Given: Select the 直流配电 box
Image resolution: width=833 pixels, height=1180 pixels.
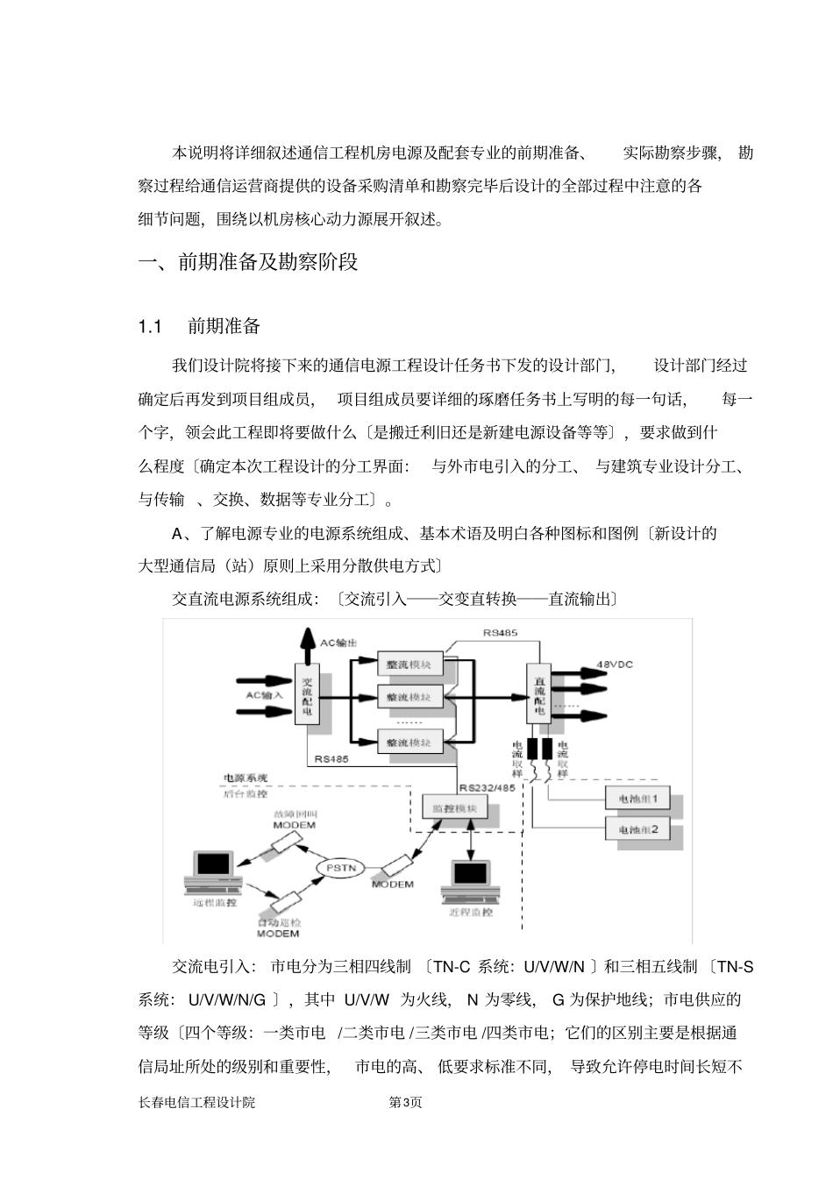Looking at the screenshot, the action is click(539, 692).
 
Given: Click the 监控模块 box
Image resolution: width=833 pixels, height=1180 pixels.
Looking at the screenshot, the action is click(454, 807).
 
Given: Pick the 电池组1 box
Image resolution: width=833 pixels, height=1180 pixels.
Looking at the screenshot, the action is click(644, 799).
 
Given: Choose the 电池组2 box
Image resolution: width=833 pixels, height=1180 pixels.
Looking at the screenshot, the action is click(644, 828).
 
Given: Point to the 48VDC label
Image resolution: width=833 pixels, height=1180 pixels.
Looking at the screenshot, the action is click(614, 664).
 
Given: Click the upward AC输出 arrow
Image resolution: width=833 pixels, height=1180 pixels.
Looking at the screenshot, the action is click(307, 645).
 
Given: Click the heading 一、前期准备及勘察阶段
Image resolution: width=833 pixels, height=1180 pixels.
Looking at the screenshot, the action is click(249, 262).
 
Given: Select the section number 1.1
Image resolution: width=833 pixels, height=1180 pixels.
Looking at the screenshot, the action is click(150, 327).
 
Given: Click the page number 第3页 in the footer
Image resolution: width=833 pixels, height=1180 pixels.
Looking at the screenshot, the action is click(405, 1102).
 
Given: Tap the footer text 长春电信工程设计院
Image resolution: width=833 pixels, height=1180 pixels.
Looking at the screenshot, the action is click(196, 1102).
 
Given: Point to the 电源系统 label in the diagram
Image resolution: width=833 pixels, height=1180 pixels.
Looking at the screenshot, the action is click(246, 777).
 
